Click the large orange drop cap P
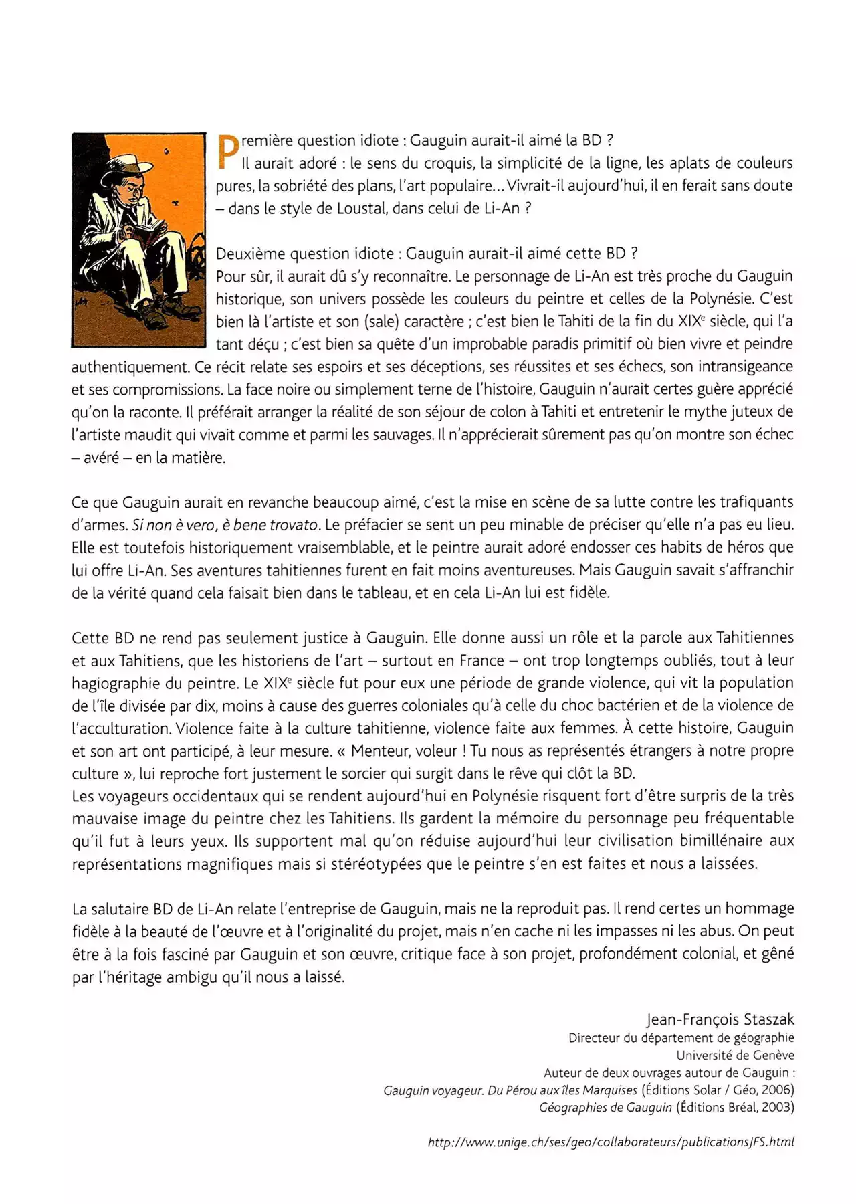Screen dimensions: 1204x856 (227, 153)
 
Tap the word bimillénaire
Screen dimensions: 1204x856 (720, 841)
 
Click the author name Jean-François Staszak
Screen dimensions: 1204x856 (720, 1019)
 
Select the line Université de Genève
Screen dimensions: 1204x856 (735, 1056)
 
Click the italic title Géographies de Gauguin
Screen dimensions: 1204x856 (605, 1108)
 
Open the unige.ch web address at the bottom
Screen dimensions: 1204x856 (611, 1142)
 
